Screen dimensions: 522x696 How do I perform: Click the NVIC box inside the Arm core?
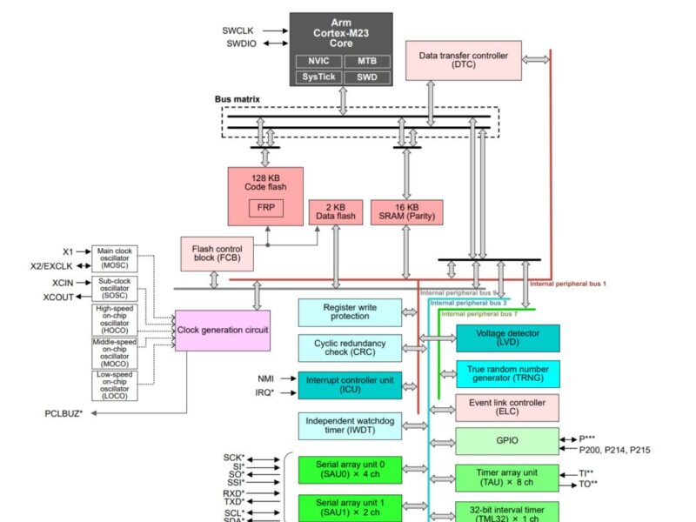(x=318, y=61)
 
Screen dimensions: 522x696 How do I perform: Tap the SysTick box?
(x=318, y=77)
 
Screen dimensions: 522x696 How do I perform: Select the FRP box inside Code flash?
(x=266, y=209)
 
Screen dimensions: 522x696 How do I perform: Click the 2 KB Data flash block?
(x=335, y=211)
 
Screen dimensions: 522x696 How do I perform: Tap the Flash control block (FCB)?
(x=217, y=253)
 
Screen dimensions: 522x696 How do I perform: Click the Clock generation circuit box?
(x=223, y=330)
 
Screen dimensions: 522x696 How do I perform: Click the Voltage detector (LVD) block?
(x=507, y=338)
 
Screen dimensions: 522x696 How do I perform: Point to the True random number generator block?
(x=507, y=373)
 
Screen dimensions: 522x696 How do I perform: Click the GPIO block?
(x=507, y=441)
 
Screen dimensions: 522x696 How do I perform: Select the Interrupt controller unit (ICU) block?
(x=350, y=384)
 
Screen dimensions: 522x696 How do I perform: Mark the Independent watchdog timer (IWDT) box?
(x=350, y=425)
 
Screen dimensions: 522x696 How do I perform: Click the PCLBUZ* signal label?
(x=64, y=412)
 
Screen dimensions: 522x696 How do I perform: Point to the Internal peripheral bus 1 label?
(x=568, y=284)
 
